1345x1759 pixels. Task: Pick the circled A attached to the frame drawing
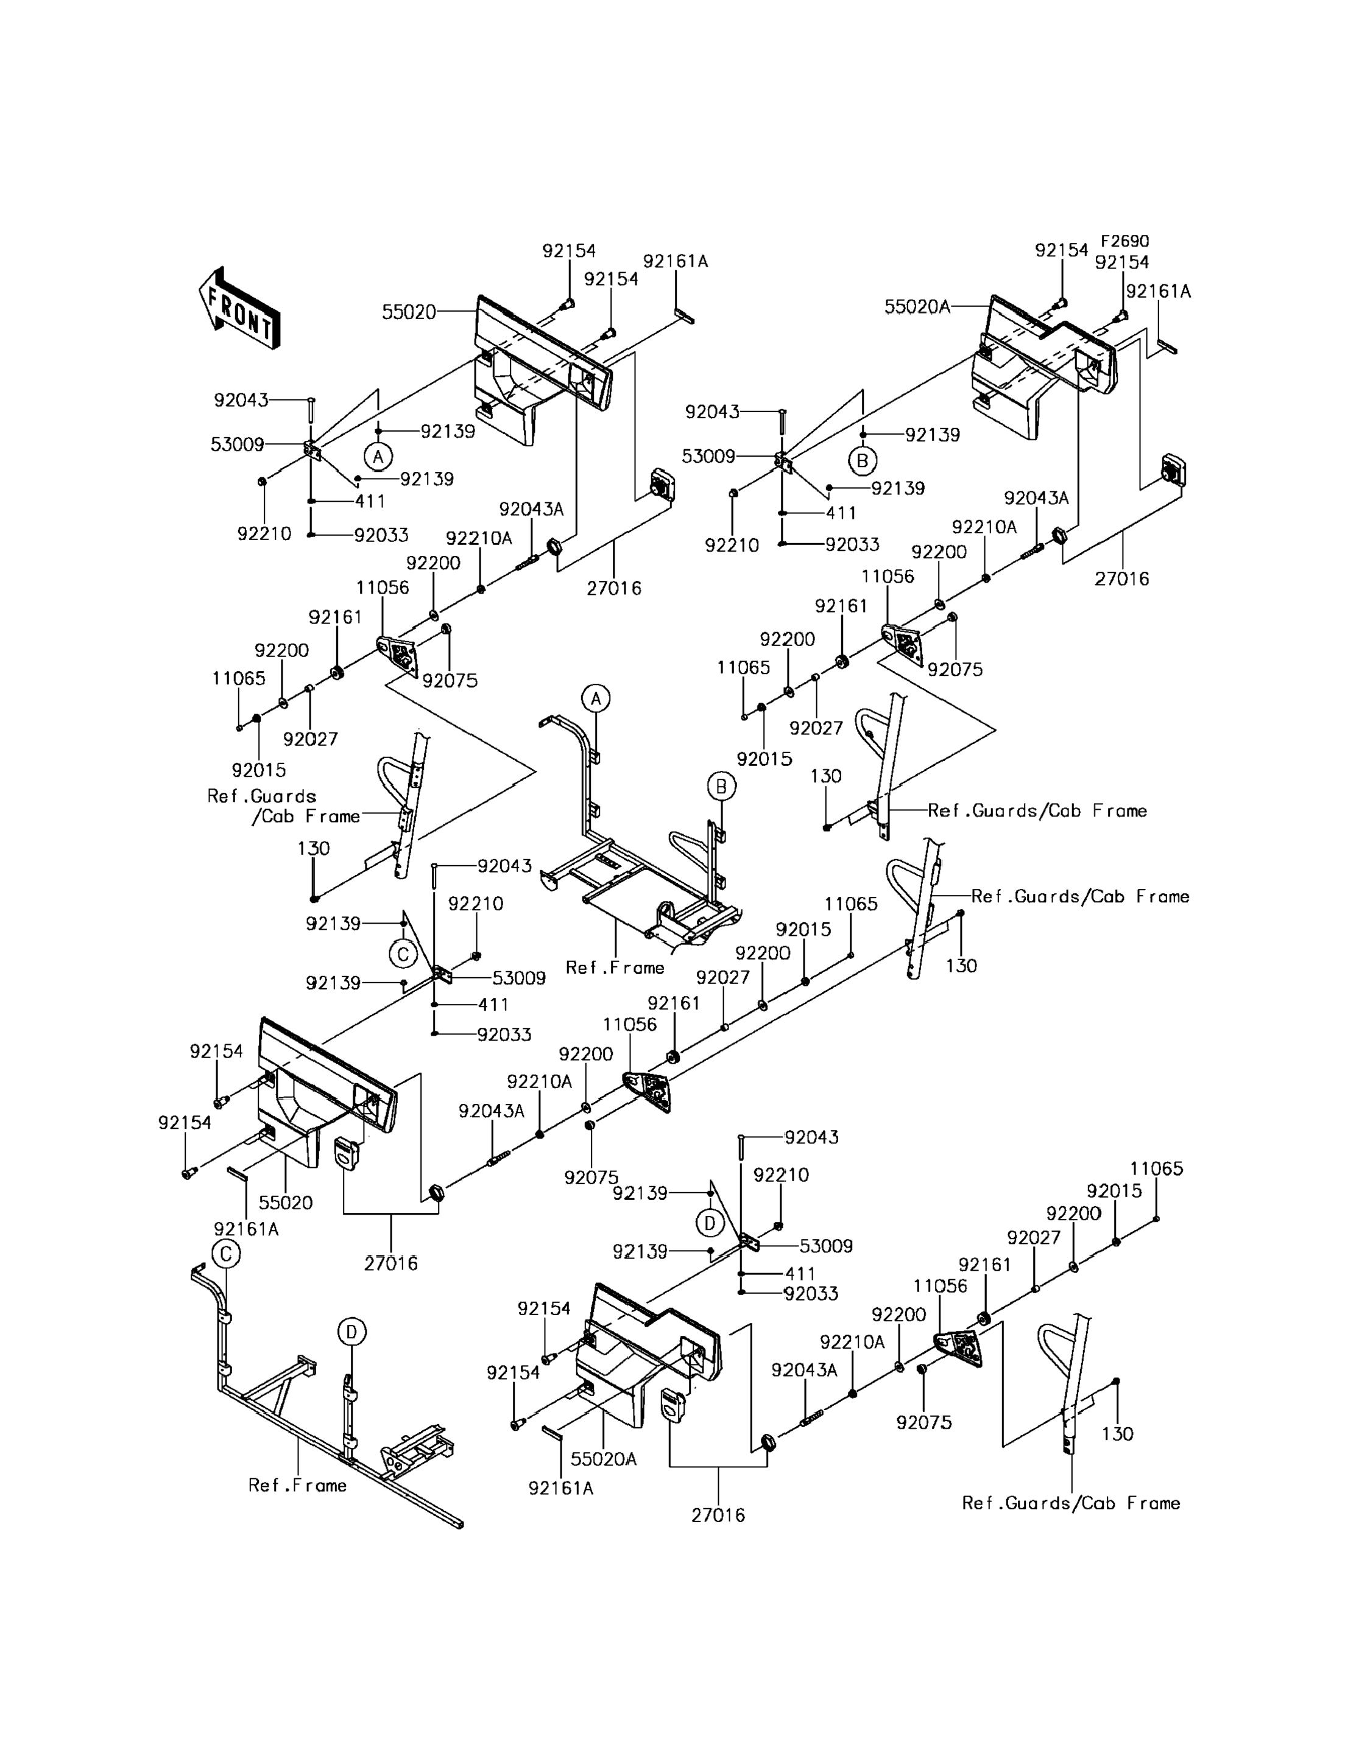click(x=595, y=698)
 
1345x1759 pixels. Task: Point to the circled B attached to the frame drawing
click(x=721, y=787)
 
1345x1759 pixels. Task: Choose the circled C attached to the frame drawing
click(x=226, y=1253)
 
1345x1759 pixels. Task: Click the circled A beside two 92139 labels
click(x=378, y=456)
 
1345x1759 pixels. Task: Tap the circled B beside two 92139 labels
click(x=862, y=461)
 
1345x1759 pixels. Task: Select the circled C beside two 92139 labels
click(x=403, y=954)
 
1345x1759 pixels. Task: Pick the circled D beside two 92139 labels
click(x=709, y=1222)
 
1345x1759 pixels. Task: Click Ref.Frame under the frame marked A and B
click(x=615, y=967)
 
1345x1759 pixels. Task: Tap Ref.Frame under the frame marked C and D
click(x=297, y=1485)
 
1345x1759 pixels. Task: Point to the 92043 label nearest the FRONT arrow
click(x=241, y=399)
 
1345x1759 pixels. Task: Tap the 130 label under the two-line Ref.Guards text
click(x=314, y=848)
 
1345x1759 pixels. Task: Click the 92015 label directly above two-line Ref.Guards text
click(x=259, y=770)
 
